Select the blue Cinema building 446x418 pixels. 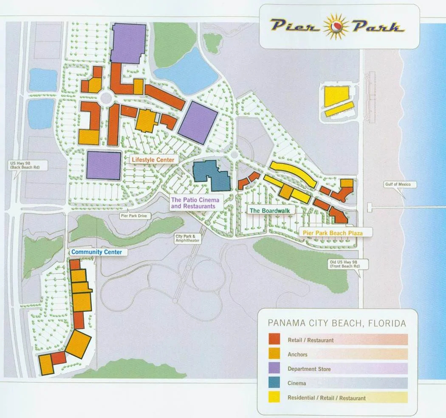tap(212, 175)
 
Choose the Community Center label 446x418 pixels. tap(96, 252)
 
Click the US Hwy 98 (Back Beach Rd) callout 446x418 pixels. tap(27, 165)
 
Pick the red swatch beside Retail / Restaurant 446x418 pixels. tap(274, 339)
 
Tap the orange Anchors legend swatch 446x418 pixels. tap(274, 354)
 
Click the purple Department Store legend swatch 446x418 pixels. tap(274, 368)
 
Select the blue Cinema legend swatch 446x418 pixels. tap(274, 383)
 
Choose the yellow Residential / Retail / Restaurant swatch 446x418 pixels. tap(274, 397)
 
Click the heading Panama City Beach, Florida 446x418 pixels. tap(337, 324)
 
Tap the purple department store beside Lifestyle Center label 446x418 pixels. tap(104, 165)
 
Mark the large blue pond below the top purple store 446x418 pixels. tap(187, 70)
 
